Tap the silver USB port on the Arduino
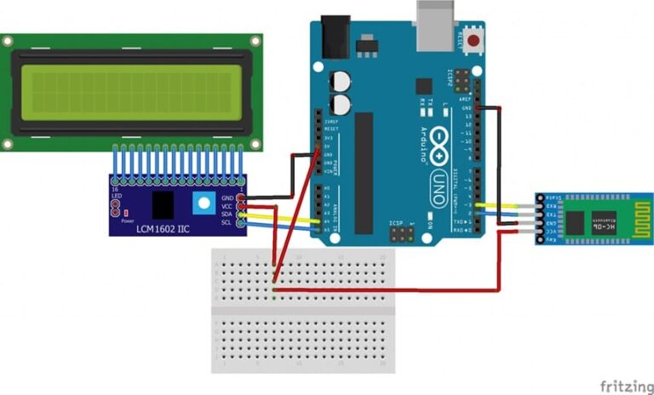click(436, 18)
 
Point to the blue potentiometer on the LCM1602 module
click(203, 203)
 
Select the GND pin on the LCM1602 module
click(243, 197)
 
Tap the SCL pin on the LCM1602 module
click(243, 223)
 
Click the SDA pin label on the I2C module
click(227, 215)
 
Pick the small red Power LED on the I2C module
click(125, 211)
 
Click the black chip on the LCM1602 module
click(162, 203)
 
